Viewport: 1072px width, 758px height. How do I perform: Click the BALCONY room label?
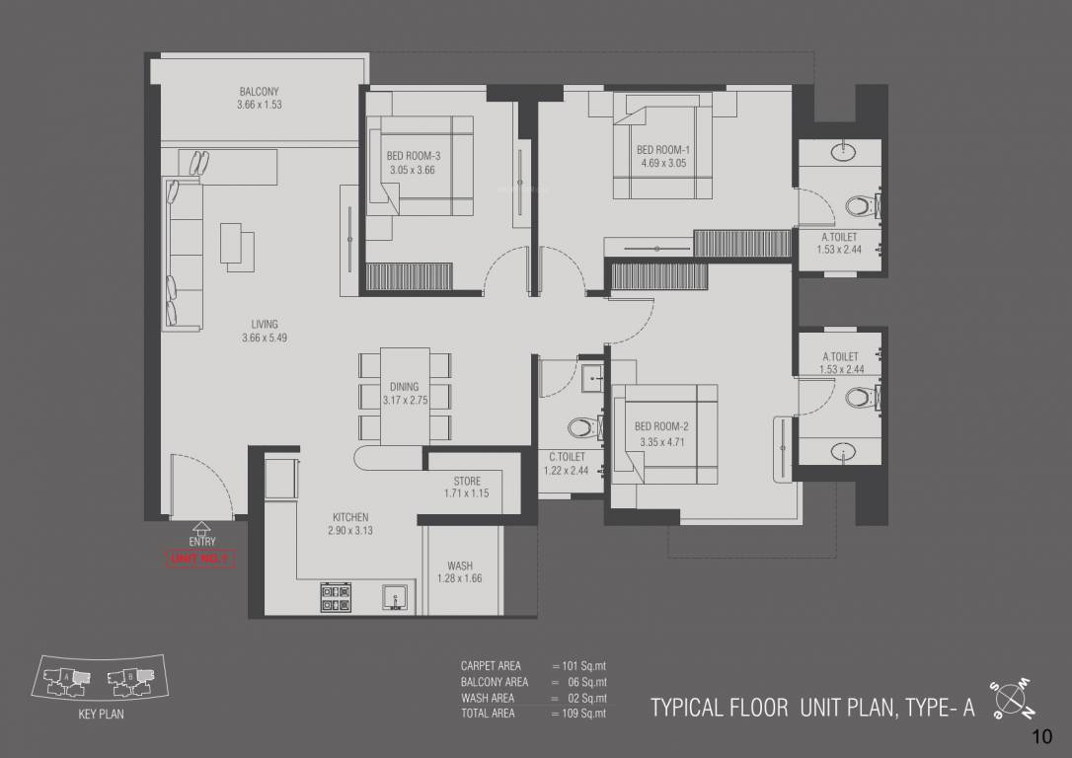pos(259,92)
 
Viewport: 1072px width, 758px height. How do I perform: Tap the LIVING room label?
pos(264,324)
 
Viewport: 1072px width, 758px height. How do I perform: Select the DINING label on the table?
pos(404,386)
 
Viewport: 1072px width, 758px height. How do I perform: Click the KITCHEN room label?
pos(350,516)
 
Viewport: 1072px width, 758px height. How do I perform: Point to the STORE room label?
pos(467,481)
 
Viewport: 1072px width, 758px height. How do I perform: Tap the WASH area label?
pos(459,566)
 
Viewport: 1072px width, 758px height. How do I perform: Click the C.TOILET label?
pos(568,456)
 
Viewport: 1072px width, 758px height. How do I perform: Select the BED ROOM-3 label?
pos(414,156)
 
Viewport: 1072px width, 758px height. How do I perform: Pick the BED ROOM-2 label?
pos(661,425)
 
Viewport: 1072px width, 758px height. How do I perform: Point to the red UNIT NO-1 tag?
pos(200,560)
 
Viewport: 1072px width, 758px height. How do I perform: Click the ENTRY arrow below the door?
pos(201,528)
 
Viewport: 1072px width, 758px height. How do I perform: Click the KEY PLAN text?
pos(102,715)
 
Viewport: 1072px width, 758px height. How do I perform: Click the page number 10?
pos(1041,736)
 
